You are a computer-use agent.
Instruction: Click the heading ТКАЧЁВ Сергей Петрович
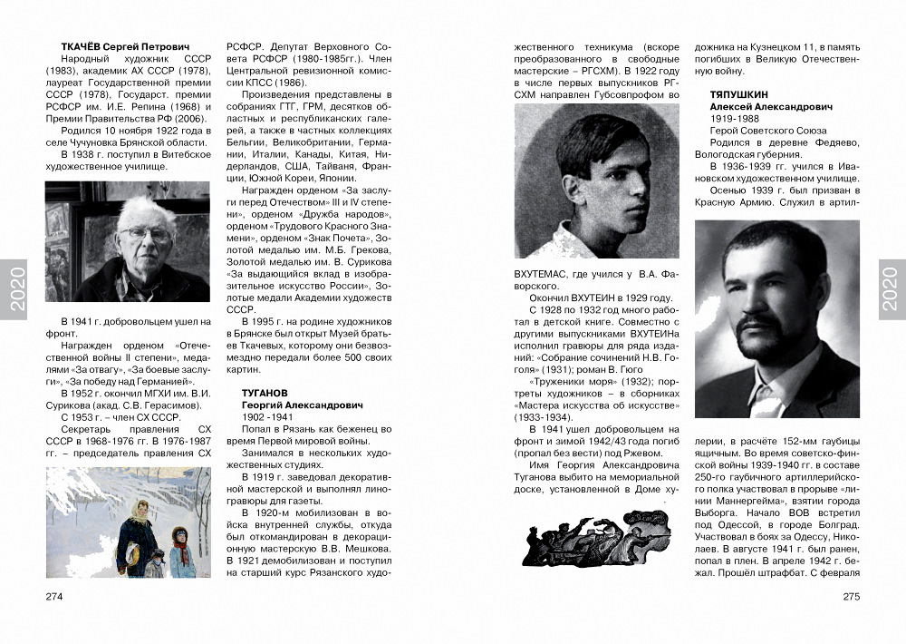(x=124, y=46)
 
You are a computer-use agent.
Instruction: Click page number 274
(x=54, y=596)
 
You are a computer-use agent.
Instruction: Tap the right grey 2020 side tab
(x=892, y=289)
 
